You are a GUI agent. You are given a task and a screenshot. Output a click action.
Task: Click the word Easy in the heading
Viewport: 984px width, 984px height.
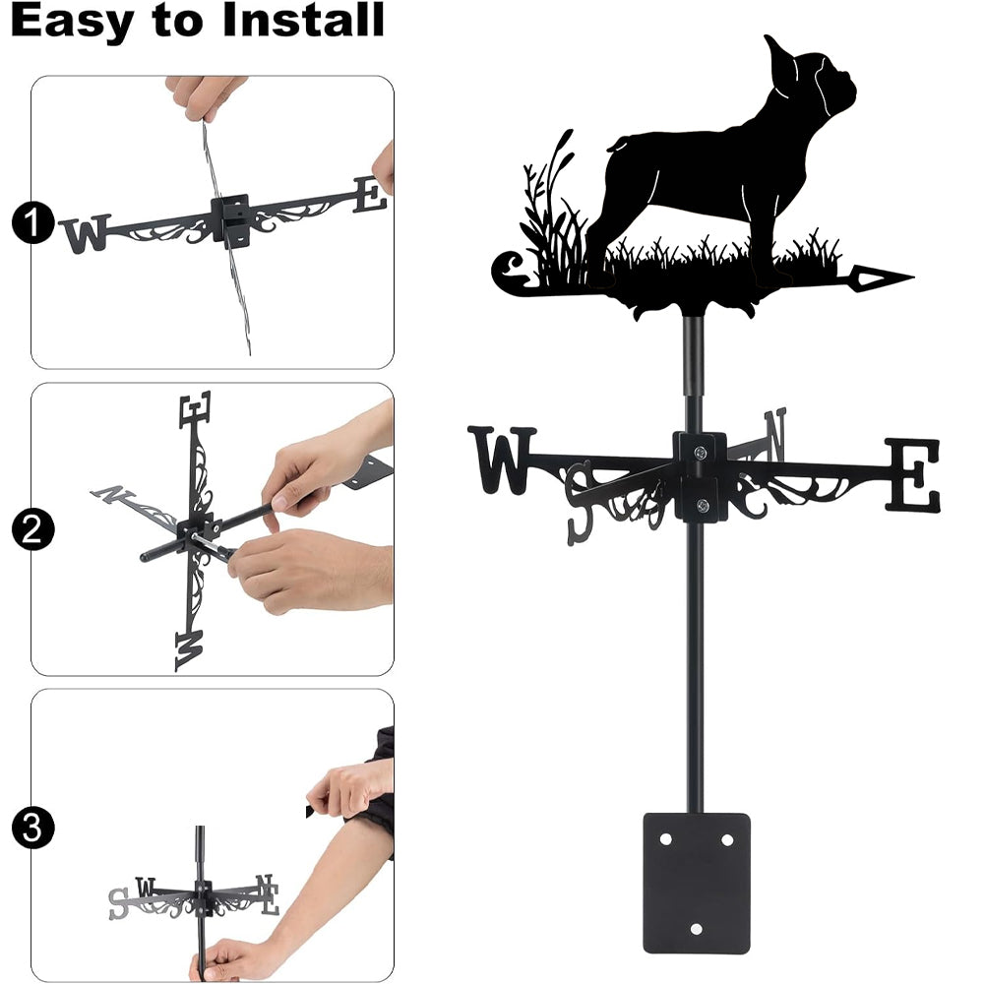pos(72,20)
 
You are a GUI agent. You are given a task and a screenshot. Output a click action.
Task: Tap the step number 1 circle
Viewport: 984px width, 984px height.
pos(32,222)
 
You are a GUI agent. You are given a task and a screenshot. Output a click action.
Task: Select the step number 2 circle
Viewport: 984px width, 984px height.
pos(32,529)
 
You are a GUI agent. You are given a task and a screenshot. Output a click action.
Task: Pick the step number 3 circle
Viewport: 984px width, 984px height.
pos(32,828)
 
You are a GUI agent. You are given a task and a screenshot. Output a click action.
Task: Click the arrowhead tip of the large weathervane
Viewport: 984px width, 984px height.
pos(913,277)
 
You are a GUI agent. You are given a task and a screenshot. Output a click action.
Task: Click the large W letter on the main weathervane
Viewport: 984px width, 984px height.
pos(502,460)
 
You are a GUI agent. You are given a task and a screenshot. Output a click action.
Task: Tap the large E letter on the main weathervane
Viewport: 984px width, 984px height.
pos(913,475)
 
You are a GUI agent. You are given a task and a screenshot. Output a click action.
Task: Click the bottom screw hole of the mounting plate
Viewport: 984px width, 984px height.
pos(696,928)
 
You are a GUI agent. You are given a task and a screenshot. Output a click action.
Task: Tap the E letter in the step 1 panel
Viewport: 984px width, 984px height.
pos(370,195)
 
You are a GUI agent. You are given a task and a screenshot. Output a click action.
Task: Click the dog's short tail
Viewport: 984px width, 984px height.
pos(616,147)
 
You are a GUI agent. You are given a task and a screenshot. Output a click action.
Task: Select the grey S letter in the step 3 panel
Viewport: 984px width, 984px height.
pos(118,904)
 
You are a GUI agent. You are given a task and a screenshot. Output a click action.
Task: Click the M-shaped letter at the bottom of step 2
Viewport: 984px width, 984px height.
pos(189,651)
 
